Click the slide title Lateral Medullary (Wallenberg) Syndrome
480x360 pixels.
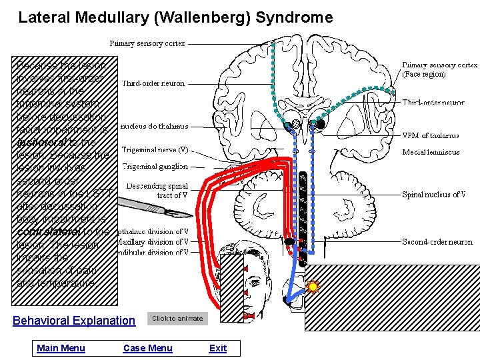click(175, 17)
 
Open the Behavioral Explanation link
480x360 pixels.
click(74, 321)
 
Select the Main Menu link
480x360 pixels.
click(61, 348)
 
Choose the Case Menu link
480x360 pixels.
click(147, 348)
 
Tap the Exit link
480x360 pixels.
click(217, 348)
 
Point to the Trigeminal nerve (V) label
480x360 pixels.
click(155, 150)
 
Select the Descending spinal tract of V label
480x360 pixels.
click(157, 191)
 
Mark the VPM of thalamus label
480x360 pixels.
click(431, 135)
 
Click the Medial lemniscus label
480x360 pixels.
click(431, 152)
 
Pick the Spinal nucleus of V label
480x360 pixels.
click(433, 195)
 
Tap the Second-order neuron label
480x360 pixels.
click(437, 242)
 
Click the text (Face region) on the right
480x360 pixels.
click(425, 74)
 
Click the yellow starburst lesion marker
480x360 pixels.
click(312, 287)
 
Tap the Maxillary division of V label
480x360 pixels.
click(153, 242)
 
